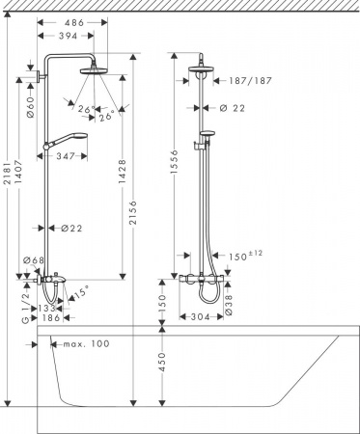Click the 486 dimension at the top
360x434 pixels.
[72, 20]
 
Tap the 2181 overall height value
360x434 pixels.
[7, 178]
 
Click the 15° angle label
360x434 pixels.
[83, 287]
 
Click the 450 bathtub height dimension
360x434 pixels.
[163, 363]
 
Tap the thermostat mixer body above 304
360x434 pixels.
[205, 277]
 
